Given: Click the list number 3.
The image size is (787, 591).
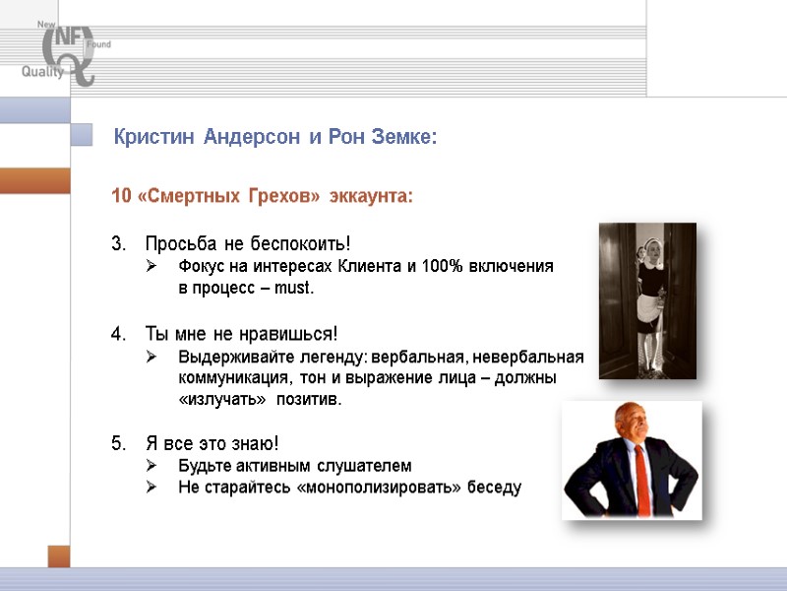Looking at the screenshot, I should click(118, 243).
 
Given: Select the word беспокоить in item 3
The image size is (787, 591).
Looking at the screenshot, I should click(303, 243).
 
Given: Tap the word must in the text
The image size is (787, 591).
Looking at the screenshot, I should click(298, 289).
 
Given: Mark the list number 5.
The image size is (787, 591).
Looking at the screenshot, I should click(118, 443).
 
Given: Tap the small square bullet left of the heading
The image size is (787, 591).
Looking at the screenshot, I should click(87, 136).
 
